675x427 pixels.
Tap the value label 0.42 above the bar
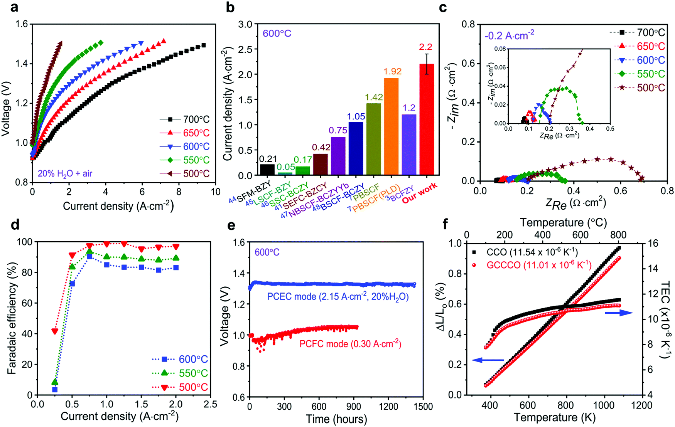click(320, 147)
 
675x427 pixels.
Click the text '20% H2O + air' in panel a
click(65, 174)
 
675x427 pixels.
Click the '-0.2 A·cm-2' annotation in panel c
click(509, 36)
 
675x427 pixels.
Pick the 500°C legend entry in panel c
click(640, 88)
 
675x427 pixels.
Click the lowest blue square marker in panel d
click(55, 390)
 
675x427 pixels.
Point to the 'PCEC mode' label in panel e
click(338, 297)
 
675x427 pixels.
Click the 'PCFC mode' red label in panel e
click(350, 344)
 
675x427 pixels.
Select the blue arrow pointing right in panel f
click(618, 313)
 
